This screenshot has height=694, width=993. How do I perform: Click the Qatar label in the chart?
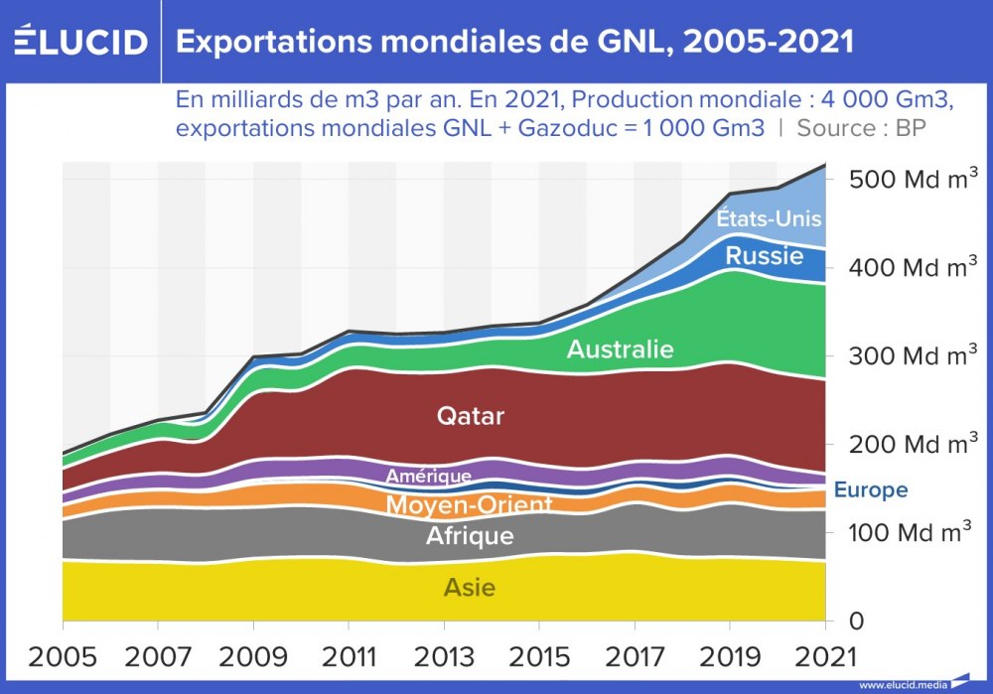471,416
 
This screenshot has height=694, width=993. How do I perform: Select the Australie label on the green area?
620,349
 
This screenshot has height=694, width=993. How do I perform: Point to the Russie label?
764,256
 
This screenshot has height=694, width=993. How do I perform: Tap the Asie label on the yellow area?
470,588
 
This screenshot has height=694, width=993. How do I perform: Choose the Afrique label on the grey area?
470,536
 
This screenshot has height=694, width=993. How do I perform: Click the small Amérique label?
428,477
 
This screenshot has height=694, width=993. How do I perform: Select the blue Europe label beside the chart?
870,490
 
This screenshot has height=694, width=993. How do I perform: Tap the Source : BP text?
861,128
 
